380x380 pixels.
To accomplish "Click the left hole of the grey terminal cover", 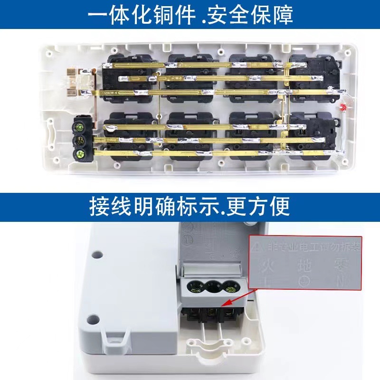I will tap(194, 286).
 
